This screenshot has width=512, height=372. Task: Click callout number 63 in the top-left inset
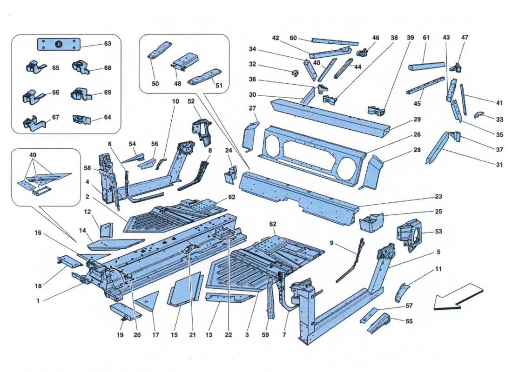(x=108, y=44)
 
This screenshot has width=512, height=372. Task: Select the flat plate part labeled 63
(x=59, y=44)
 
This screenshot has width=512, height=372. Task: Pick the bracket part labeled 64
(x=81, y=120)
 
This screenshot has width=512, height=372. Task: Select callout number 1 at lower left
(x=38, y=301)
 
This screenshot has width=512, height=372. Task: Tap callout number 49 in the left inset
(x=32, y=154)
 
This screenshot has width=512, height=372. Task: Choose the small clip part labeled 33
(x=479, y=114)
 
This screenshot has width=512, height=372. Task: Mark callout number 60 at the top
(x=293, y=38)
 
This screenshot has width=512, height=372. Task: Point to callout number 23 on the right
(x=438, y=197)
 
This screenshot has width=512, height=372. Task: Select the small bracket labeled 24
(x=230, y=175)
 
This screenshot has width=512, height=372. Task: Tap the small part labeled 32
(x=295, y=72)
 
